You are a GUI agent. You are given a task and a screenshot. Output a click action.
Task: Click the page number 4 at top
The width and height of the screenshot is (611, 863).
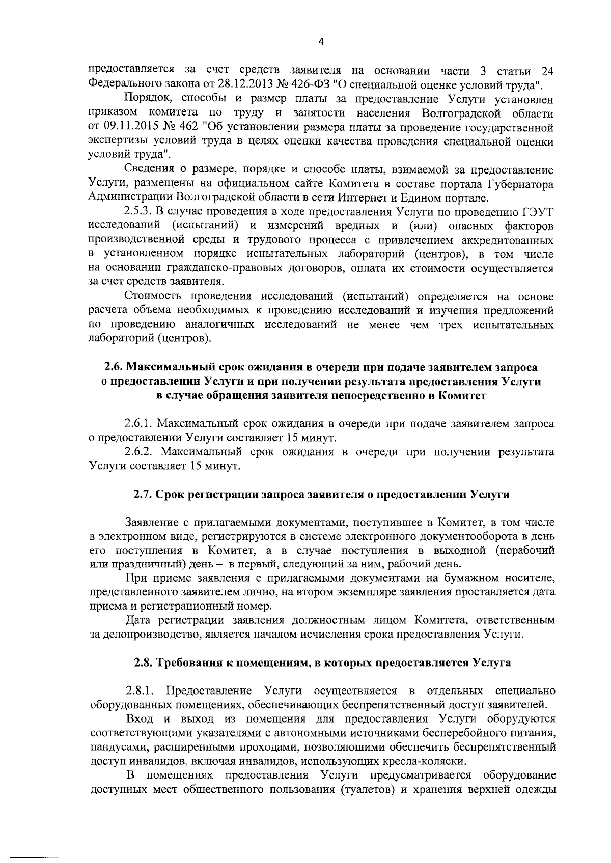(321, 42)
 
